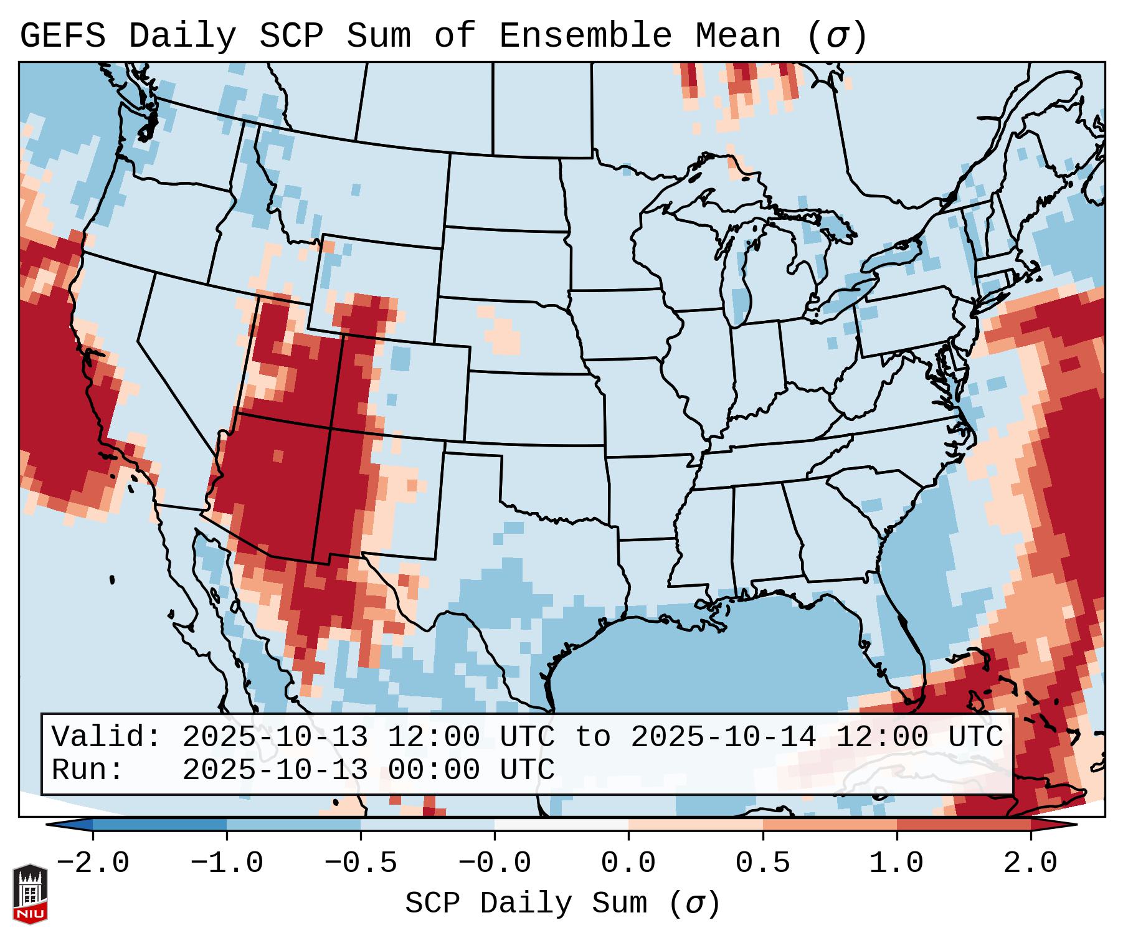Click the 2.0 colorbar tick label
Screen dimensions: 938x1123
[1030, 863]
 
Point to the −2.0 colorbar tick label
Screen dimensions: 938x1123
[93, 863]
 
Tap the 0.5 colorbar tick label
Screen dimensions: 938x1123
[762, 863]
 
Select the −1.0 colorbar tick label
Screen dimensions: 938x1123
[227, 863]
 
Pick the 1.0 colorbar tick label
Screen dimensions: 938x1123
[896, 863]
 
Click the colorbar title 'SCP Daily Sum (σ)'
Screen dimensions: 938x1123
[562, 904]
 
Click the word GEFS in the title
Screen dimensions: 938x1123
[62, 36]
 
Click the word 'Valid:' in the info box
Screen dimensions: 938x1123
[107, 737]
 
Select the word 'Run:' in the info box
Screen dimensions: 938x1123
[88, 770]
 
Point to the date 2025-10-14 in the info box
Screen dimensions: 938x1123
[723, 737]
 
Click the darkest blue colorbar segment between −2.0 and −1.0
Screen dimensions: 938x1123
[159, 825]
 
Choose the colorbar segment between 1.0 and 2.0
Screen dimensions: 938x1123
[964, 825]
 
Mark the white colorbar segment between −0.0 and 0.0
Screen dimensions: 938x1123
[561, 825]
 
